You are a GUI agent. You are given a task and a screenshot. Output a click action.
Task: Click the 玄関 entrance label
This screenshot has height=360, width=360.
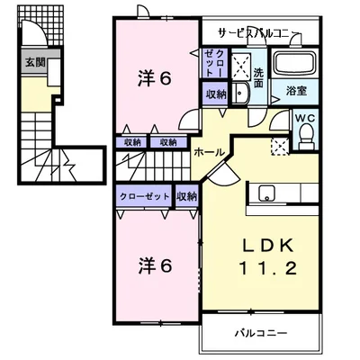click(35, 62)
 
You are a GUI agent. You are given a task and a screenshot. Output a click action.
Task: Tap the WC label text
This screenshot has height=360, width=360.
click(306, 118)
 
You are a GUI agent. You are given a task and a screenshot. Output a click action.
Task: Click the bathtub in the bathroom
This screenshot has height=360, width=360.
click(295, 64)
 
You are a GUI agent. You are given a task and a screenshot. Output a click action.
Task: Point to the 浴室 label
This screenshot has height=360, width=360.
click(296, 91)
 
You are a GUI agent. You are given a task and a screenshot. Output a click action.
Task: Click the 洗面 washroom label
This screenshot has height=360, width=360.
click(258, 78)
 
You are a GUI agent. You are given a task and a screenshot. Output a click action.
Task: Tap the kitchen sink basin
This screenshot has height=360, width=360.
click(266, 193)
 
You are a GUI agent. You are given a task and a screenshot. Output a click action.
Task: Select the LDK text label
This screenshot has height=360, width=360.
click(266, 247)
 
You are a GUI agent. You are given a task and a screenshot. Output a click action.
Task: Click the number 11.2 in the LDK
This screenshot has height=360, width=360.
click(267, 268)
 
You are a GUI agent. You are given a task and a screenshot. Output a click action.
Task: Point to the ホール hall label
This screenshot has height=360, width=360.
click(209, 152)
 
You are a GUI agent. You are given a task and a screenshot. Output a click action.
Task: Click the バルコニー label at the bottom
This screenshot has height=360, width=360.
click(261, 333)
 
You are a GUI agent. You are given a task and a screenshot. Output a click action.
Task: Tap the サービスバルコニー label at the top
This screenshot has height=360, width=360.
click(259, 33)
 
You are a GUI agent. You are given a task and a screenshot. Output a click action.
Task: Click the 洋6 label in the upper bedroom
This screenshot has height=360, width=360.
click(155, 79)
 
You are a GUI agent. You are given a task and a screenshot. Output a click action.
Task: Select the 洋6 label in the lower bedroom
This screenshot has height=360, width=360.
click(155, 265)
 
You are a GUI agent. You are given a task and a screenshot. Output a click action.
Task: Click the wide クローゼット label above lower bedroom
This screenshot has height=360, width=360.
click(144, 197)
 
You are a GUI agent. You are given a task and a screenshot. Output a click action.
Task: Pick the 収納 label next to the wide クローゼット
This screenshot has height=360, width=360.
click(186, 196)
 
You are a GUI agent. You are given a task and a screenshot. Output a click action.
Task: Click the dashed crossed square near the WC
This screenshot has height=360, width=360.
click(280, 147)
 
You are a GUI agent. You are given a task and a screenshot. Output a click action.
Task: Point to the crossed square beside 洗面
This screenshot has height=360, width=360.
click(241, 67)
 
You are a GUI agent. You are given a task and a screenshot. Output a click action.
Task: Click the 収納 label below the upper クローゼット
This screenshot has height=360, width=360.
click(216, 94)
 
